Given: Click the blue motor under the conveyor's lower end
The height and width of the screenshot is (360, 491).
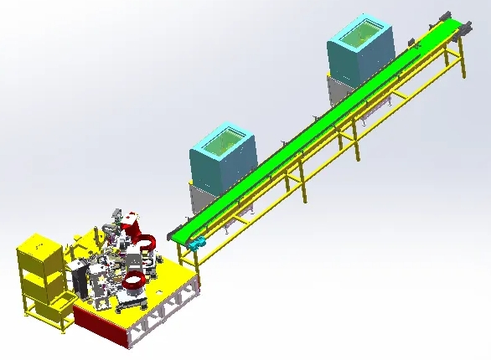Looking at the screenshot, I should click(199, 244).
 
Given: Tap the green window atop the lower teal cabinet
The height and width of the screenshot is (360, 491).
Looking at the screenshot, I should click(223, 141).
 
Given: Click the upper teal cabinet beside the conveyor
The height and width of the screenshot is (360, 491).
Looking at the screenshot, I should click(356, 59).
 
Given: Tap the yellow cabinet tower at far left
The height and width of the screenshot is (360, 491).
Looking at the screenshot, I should click(40, 272).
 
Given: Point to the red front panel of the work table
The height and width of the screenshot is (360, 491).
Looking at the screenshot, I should click(101, 323).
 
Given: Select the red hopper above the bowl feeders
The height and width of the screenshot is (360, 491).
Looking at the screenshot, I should click(132, 224).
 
